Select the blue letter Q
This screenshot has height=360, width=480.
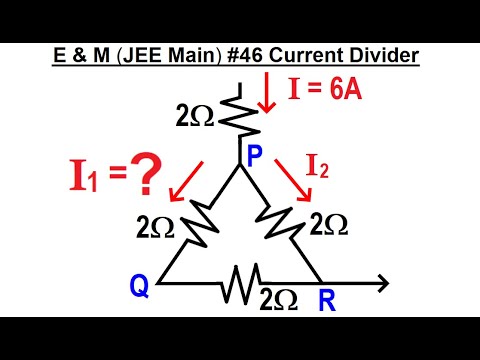click(140, 288)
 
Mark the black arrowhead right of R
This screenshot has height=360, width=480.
click(381, 284)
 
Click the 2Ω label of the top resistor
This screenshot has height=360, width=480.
click(193, 114)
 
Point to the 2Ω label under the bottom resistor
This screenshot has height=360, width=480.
click(279, 298)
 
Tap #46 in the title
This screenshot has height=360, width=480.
click(263, 51)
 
